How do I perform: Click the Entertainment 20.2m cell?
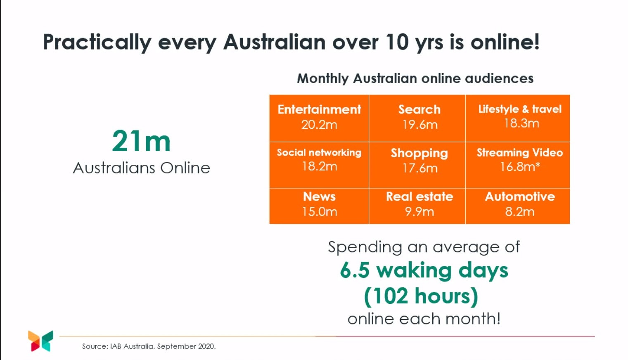[x=319, y=118]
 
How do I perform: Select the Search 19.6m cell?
[x=419, y=118]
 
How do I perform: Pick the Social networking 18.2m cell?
[x=319, y=160]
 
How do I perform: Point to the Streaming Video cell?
[x=520, y=160]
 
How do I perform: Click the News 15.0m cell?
[x=319, y=204]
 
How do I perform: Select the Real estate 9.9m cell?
[x=419, y=204]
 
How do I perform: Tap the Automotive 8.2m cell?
[x=520, y=204]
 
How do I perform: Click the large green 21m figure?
[x=141, y=142]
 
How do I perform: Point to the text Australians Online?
[x=142, y=168]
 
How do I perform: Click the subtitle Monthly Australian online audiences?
[x=415, y=78]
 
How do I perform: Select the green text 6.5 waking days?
[x=424, y=270]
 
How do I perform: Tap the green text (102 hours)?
[x=421, y=296]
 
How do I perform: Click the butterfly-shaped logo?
[x=40, y=341]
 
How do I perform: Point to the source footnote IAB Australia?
[x=149, y=346]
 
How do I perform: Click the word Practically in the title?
[x=97, y=43]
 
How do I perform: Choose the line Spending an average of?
[x=424, y=247]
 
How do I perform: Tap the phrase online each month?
[x=424, y=319]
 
